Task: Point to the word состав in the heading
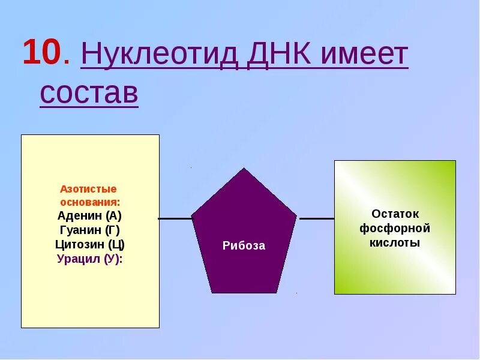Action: [89, 93]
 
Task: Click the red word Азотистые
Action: [88, 189]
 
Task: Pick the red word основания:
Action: [90, 202]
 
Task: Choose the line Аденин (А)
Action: [90, 216]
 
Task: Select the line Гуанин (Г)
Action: [90, 230]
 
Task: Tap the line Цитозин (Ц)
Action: [90, 245]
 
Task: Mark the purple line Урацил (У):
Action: [90, 259]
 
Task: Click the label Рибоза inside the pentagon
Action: [244, 245]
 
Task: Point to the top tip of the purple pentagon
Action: [244, 170]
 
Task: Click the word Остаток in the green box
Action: [395, 214]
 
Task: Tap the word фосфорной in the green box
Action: [395, 229]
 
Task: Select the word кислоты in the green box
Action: [395, 243]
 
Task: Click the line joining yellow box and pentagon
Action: [175, 219]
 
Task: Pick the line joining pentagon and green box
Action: [316, 218]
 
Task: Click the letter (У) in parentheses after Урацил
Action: [112, 259]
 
